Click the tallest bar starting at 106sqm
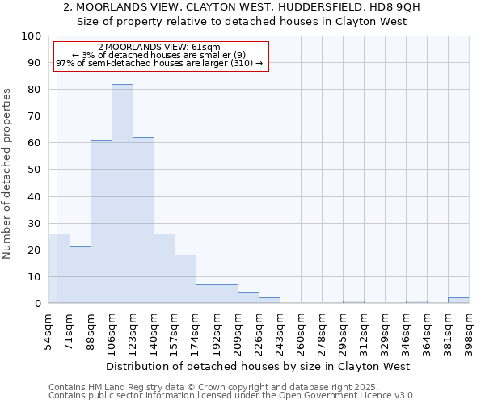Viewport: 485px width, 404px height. (122, 194)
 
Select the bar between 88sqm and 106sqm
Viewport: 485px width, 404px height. (101, 221)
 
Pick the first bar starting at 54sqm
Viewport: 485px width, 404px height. (59, 268)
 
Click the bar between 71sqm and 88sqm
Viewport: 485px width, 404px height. (80, 275)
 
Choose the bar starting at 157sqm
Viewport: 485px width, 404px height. (185, 279)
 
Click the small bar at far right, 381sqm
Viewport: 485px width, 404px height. (458, 301)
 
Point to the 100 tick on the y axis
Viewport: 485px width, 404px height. (32, 36)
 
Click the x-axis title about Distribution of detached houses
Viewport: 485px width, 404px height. (258, 366)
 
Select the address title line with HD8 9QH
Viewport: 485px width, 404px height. (241, 7)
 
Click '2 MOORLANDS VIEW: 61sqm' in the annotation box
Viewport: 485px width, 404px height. (158, 47)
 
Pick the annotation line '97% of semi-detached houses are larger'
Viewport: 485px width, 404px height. (158, 63)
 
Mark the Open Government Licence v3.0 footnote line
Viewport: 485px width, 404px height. (232, 396)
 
